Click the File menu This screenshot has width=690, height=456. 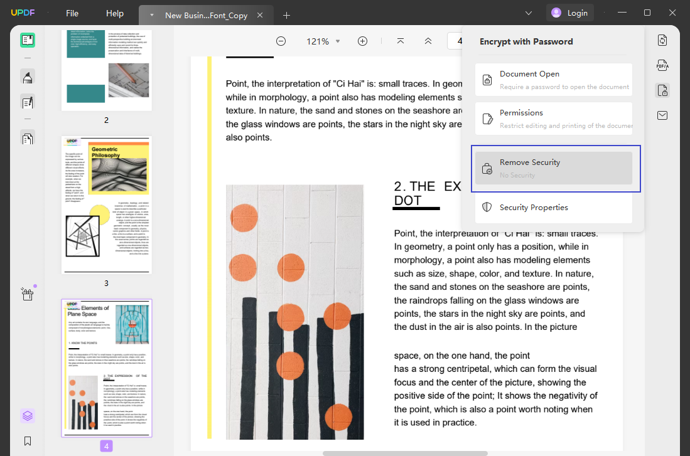pyautogui.click(x=72, y=13)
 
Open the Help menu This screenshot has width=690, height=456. pyautogui.click(x=115, y=13)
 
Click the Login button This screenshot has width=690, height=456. pyautogui.click(x=569, y=13)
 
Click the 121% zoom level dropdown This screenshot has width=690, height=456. pyautogui.click(x=323, y=41)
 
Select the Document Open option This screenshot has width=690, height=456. pyautogui.click(x=553, y=80)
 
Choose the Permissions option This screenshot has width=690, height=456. pyautogui.click(x=553, y=119)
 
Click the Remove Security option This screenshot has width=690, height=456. pyautogui.click(x=553, y=168)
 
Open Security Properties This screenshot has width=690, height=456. pyautogui.click(x=553, y=208)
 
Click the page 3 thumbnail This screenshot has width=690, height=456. pyautogui.click(x=106, y=204)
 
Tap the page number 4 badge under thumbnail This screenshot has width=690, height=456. pyautogui.click(x=106, y=446)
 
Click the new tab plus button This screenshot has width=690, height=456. pyautogui.click(x=286, y=15)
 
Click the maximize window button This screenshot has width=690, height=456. pyautogui.click(x=647, y=13)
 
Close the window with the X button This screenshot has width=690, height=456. pyautogui.click(x=674, y=13)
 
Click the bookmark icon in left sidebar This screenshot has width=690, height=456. pyautogui.click(x=28, y=441)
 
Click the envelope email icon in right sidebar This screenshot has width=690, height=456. pyautogui.click(x=662, y=115)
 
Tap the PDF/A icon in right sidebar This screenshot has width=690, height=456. pyautogui.click(x=662, y=65)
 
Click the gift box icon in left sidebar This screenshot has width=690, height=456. pyautogui.click(x=27, y=294)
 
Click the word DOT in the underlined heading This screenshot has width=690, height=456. pyautogui.click(x=407, y=200)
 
